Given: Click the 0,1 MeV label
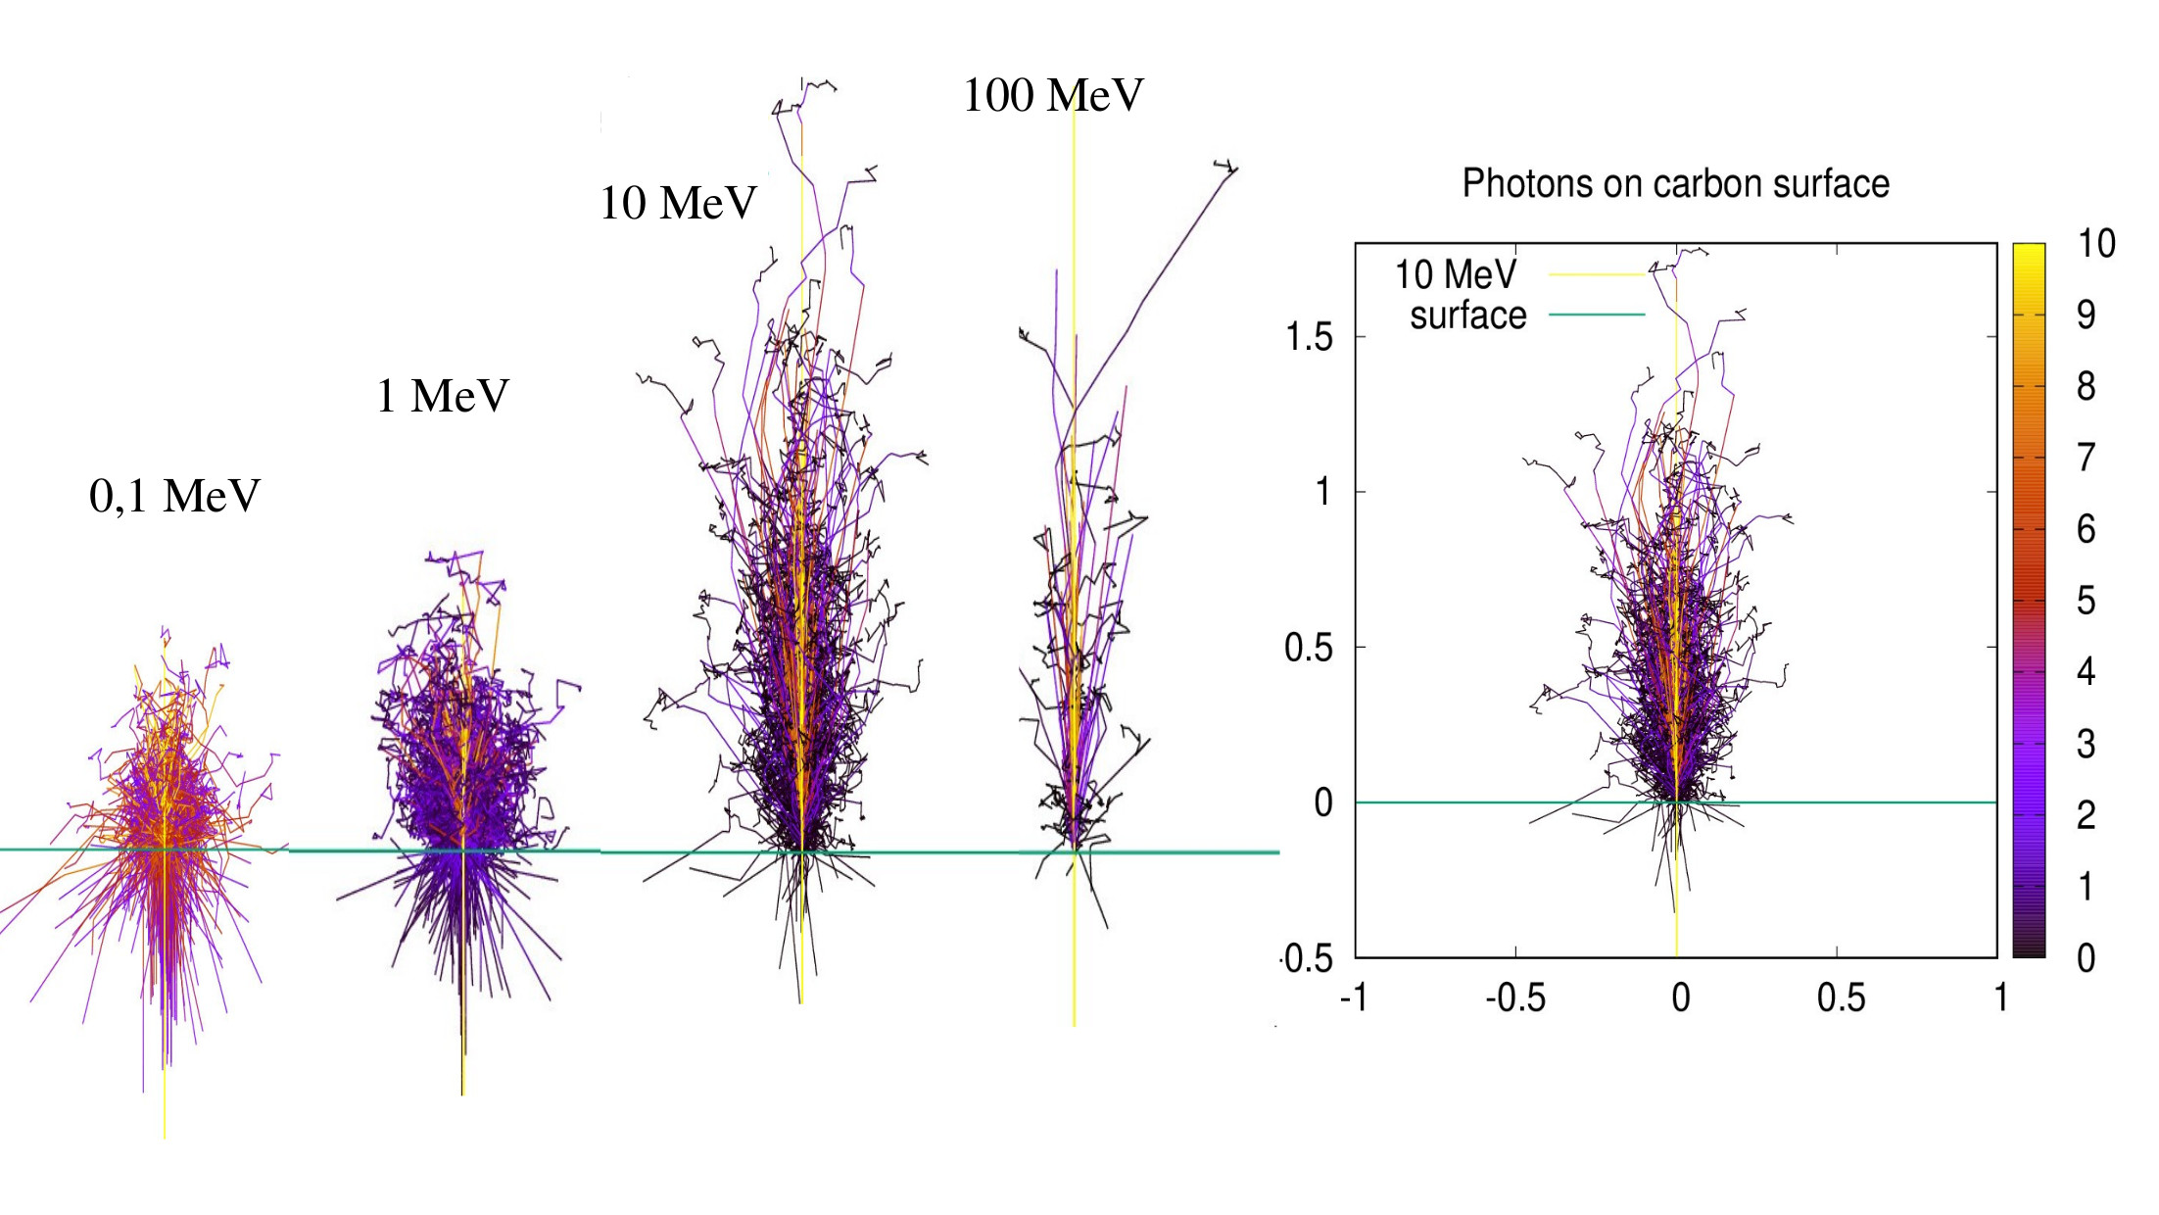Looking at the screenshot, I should click(174, 496).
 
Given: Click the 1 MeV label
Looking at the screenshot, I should click(443, 396).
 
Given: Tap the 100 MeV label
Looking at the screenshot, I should click(1053, 95).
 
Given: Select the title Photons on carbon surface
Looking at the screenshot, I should click(1675, 183).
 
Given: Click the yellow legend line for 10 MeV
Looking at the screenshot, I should click(1596, 274).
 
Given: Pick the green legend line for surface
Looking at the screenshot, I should click(1596, 315).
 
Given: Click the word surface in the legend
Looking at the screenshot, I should click(1467, 315).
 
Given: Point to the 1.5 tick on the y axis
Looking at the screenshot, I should click(1309, 337).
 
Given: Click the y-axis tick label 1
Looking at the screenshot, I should click(1322, 491).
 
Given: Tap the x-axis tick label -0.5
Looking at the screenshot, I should click(1515, 997).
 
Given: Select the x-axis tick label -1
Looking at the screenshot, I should click(1353, 997).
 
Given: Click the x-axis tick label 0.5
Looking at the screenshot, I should click(1841, 997).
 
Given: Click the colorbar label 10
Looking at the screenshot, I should click(2096, 243).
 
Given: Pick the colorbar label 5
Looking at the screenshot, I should click(2086, 601).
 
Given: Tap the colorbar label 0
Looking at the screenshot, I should click(2086, 957).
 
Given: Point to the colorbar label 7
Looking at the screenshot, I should click(2086, 458).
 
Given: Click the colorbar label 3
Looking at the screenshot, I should click(2086, 744).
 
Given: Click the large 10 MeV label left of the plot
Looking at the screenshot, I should click(678, 203).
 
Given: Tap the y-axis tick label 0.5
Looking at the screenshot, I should click(1309, 647).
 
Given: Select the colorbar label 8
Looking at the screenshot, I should click(2086, 386).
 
